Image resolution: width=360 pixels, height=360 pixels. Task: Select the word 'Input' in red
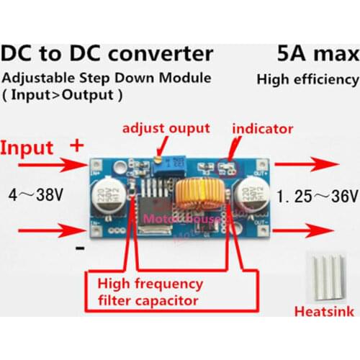point(27,148)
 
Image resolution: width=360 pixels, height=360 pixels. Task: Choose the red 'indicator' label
point(263,130)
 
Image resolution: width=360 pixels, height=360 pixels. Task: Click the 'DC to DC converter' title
point(108,54)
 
